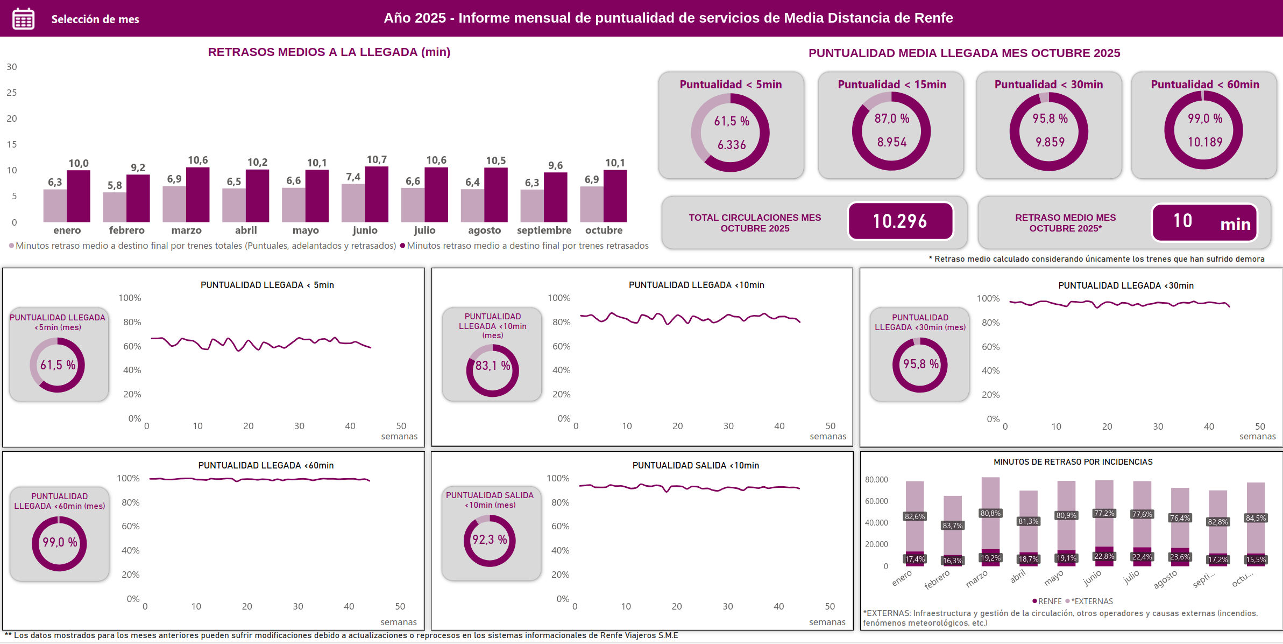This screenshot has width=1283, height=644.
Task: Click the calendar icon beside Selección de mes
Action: (23, 19)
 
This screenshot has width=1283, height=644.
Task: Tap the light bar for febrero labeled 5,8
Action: (115, 207)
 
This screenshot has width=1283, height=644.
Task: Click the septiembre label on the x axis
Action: (544, 230)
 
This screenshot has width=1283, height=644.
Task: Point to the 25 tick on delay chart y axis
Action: (12, 93)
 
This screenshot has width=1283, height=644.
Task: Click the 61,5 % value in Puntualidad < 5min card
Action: (732, 121)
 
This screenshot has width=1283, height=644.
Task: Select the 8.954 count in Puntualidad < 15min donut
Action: (892, 142)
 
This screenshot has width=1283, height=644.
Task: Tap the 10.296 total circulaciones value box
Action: (900, 221)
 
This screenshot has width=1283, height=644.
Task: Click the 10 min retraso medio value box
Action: (1204, 222)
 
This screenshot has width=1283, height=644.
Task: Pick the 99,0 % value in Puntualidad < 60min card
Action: (1205, 118)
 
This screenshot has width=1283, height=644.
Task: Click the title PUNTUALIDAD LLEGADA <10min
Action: (696, 285)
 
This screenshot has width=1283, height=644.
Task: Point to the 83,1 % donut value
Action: (492, 366)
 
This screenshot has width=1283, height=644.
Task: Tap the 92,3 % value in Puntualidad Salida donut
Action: (490, 540)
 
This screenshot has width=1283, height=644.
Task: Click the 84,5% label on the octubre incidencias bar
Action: (1256, 518)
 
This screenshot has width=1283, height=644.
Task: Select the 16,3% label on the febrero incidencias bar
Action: (952, 561)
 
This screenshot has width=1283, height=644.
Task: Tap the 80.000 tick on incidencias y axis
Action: (876, 479)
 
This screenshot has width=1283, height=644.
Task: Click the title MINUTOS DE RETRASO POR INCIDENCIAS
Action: (1073, 462)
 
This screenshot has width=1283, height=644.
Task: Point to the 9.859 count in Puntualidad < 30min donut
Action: (1050, 142)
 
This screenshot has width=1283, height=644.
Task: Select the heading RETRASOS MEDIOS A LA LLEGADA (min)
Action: (329, 52)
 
